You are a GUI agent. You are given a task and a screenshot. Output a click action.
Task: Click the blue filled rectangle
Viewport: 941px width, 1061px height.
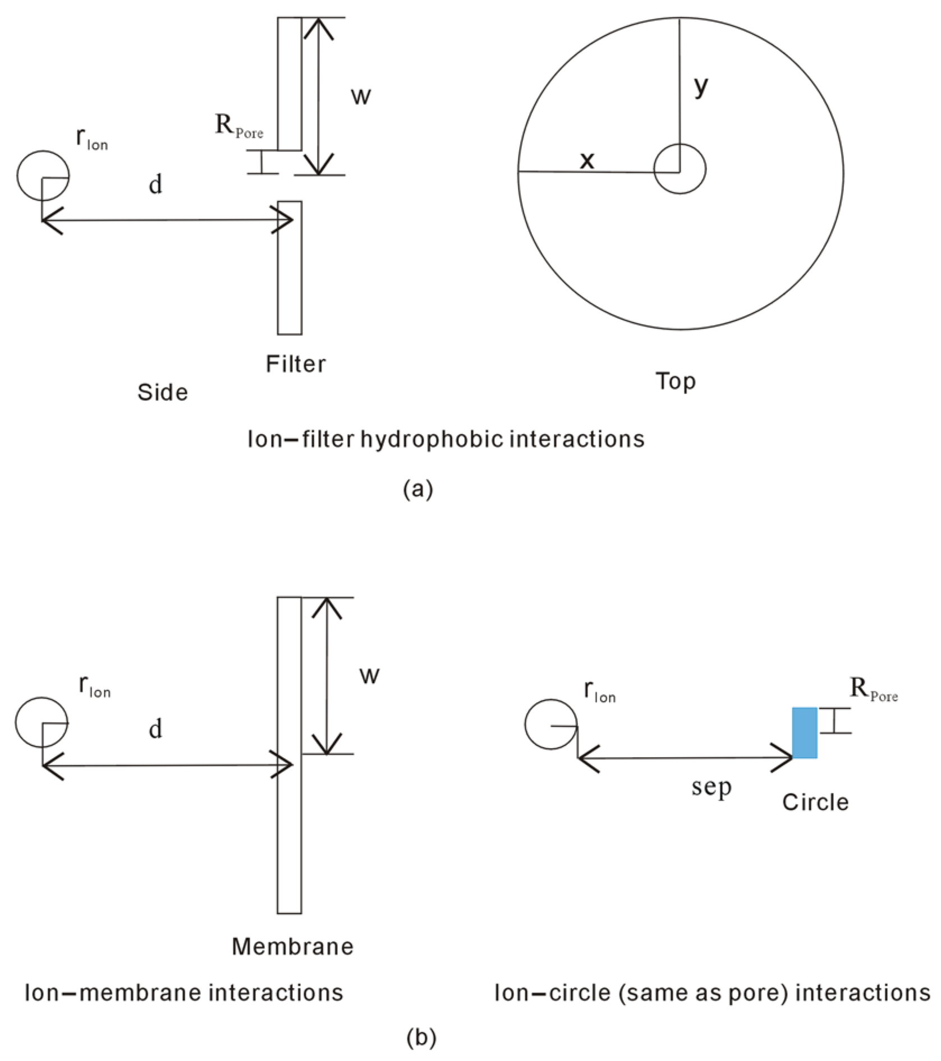pos(805,732)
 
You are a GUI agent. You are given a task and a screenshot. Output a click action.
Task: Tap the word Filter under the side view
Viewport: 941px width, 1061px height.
pos(295,364)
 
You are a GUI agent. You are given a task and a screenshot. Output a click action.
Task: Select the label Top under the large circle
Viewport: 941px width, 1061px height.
pos(676,381)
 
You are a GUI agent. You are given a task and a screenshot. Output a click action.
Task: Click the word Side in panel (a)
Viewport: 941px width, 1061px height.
pos(162,392)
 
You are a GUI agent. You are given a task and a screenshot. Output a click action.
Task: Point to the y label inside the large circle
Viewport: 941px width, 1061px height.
pos(700,86)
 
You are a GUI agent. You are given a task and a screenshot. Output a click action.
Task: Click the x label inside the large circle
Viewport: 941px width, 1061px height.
pos(587,160)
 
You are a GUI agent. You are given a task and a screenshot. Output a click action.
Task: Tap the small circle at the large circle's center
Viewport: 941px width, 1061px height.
pos(680,169)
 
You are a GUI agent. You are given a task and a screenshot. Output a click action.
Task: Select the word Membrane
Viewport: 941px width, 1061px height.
pos(292,946)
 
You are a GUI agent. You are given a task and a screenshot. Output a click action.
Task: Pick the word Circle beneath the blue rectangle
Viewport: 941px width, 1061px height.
pos(815,802)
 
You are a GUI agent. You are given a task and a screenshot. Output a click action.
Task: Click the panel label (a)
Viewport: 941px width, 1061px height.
pos(418,489)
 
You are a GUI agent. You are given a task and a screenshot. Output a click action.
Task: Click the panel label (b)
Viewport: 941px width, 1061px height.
pos(421,1037)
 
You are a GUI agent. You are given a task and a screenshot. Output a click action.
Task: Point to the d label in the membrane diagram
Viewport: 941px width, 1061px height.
pos(155,728)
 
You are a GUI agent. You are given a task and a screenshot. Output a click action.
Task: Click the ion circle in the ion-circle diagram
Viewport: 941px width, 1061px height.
pos(551,724)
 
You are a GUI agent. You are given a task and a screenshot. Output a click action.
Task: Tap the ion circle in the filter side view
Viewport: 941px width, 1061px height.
pos(43,176)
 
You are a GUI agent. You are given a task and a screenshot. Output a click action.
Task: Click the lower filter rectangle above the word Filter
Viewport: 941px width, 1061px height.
pos(290,267)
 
